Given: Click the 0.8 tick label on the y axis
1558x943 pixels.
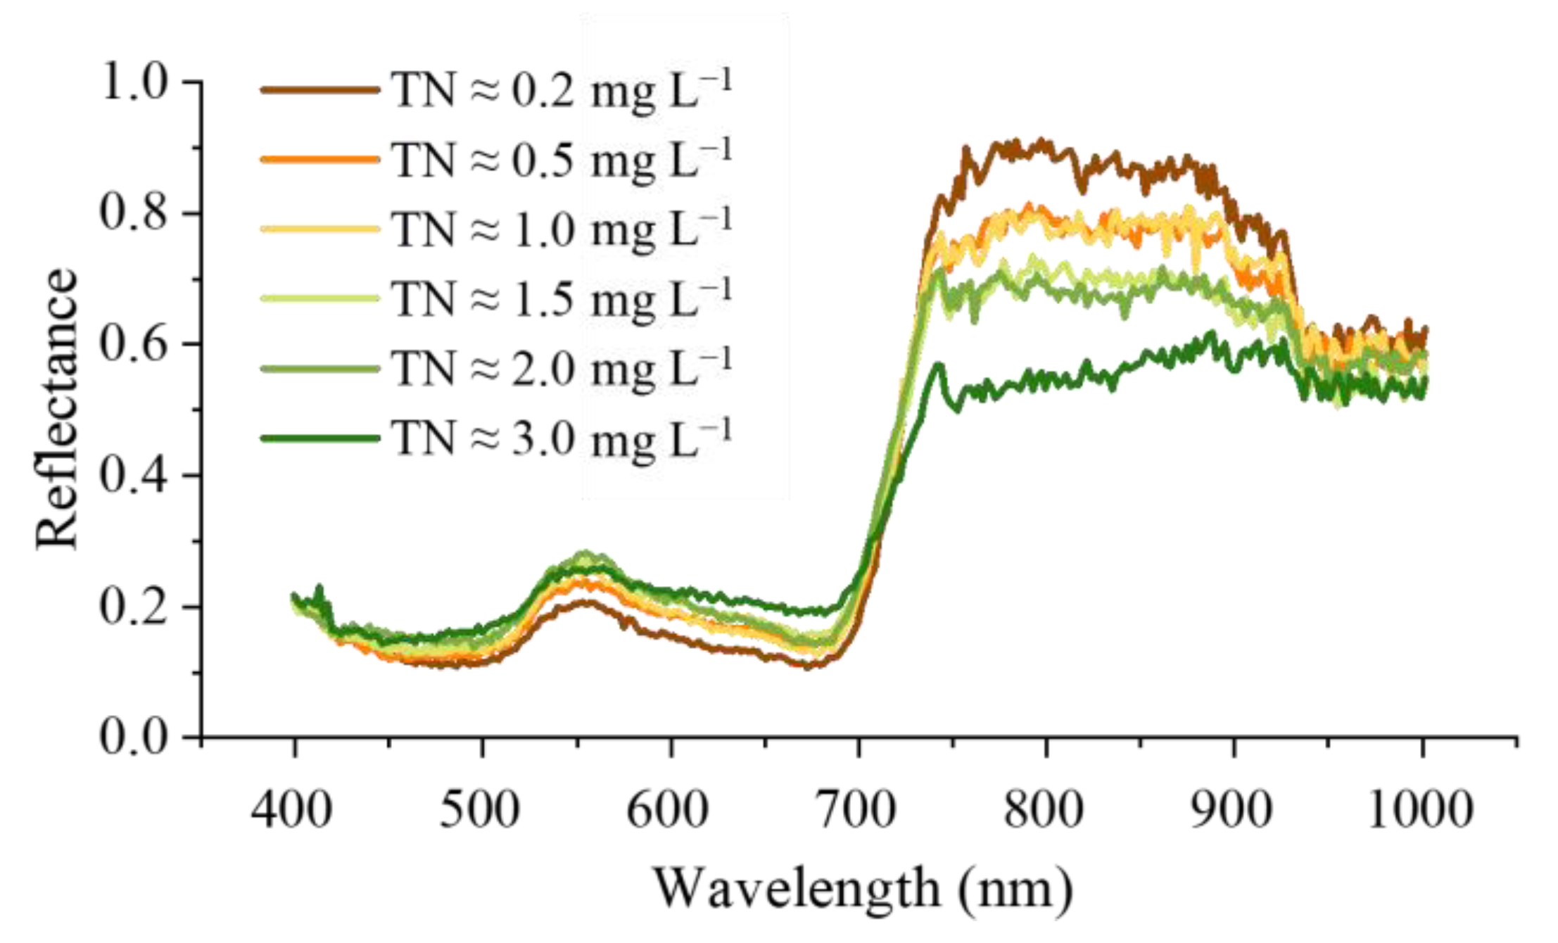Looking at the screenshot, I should [135, 213].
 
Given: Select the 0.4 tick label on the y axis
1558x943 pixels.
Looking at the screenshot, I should [135, 476].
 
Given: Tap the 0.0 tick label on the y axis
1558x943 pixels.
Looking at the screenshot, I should [135, 738].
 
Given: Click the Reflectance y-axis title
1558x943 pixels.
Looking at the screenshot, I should [56, 408].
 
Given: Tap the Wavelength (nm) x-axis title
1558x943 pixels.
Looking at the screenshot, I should [864, 888].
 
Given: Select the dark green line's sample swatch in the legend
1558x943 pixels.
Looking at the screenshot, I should [320, 438].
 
